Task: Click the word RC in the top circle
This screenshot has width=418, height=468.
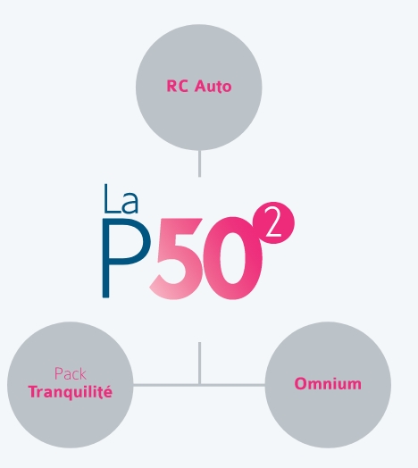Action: pos(178,86)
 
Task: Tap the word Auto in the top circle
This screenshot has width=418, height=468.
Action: pos(213,87)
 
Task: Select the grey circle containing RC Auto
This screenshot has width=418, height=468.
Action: pos(199,88)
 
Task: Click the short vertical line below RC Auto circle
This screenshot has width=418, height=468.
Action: pos(199,163)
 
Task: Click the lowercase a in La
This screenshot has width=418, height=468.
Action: pos(130,203)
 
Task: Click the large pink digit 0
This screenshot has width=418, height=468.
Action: pos(233,258)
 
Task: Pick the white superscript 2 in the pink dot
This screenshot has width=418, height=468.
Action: pos(273,222)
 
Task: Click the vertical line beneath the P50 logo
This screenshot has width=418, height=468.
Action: pos(199,363)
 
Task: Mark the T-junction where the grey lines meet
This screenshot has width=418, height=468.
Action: pos(199,385)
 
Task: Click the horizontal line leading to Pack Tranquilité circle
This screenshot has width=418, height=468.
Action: pos(166,385)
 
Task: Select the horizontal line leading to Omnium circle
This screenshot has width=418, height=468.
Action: pos(233,385)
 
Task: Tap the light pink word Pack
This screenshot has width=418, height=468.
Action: pos(71,373)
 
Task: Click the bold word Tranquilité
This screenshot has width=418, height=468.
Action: pos(71,392)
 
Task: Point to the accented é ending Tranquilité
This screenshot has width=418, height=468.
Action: pos(108,391)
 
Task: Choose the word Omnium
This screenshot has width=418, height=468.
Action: pos(328,384)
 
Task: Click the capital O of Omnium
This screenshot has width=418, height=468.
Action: pos(301,384)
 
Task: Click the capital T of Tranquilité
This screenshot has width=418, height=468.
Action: pos(33,392)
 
